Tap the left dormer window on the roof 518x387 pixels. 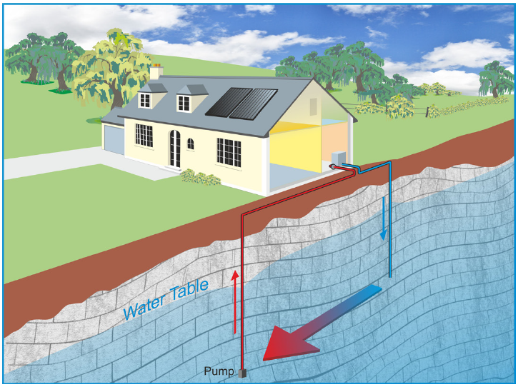tap(145, 100)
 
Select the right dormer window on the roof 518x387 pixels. tap(184, 102)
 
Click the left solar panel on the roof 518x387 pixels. tap(226, 102)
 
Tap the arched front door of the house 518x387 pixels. tap(174, 149)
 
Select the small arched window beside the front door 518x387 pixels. tap(191, 144)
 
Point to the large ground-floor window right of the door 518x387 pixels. tap(229, 151)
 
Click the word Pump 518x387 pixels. tap(219, 371)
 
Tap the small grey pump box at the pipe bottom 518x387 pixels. tap(243, 373)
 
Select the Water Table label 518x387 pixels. tap(166, 299)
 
